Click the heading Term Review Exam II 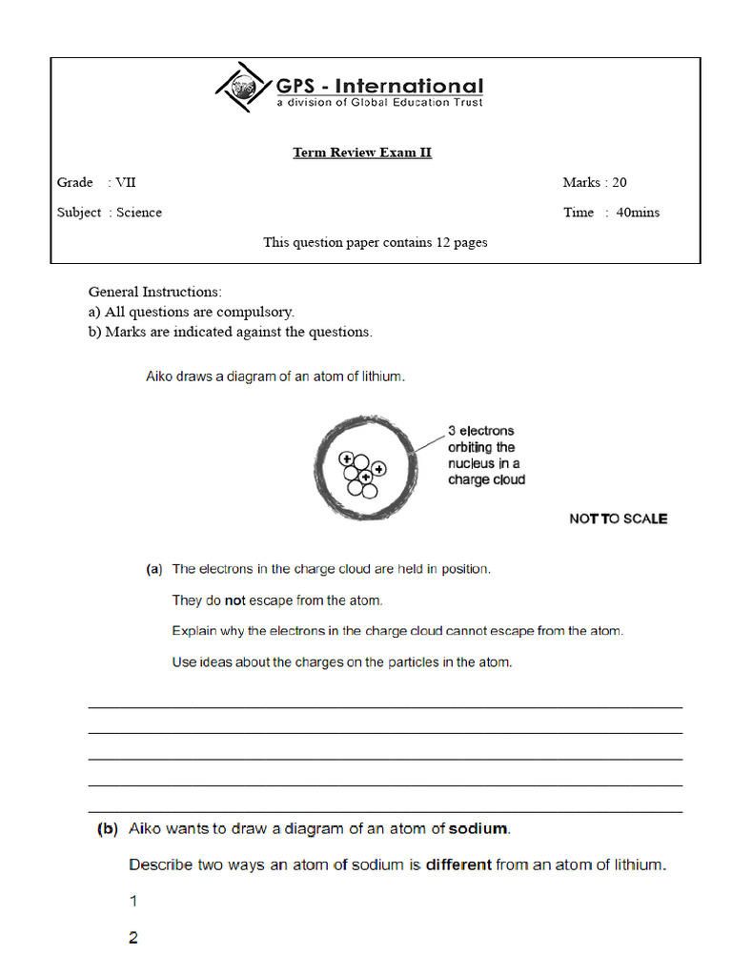(x=362, y=152)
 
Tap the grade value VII (x=127, y=182)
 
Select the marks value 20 (x=620, y=182)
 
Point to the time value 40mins (x=638, y=213)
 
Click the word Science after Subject (x=139, y=213)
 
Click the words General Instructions (x=154, y=292)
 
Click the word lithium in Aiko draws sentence (x=381, y=376)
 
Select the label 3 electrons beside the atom (x=480, y=431)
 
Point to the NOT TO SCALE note (x=618, y=518)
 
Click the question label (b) (x=108, y=829)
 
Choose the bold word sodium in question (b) (x=479, y=829)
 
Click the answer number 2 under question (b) (x=133, y=938)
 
